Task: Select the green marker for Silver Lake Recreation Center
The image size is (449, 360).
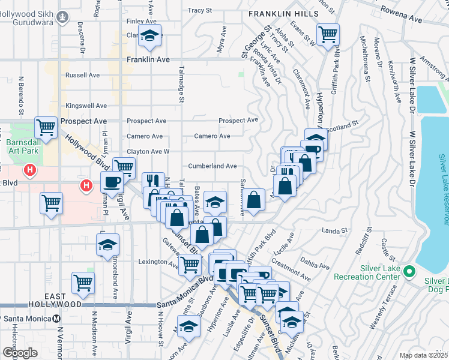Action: coord(410,272)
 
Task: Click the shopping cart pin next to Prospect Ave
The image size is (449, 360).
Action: coord(46,127)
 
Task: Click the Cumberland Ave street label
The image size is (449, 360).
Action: coord(212,166)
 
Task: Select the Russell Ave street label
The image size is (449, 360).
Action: coord(82,76)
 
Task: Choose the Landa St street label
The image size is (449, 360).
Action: coord(335,230)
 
